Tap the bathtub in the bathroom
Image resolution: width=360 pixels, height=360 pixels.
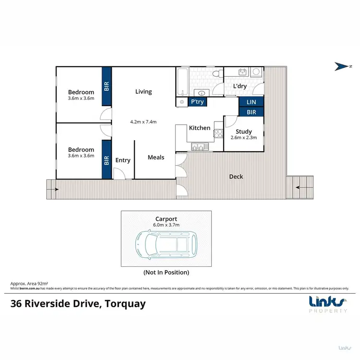coord(182,82)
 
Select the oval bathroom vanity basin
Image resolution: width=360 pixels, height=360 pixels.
coord(202,93)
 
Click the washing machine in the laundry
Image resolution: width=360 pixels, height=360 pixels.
coord(256,72)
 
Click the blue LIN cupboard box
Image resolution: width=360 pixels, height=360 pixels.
coord(251,102)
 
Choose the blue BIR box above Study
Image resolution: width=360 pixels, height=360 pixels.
coord(251,112)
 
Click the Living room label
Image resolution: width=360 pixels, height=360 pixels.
coord(143,92)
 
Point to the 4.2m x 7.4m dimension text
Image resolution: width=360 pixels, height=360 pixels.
coord(143,121)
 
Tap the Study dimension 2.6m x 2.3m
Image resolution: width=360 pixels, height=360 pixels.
coord(243,137)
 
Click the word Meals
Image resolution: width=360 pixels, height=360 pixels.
coord(156,157)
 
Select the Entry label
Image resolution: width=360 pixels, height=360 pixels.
coord(123,160)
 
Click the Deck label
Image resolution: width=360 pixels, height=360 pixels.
coord(236,177)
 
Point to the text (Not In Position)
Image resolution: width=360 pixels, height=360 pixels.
coord(166,272)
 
